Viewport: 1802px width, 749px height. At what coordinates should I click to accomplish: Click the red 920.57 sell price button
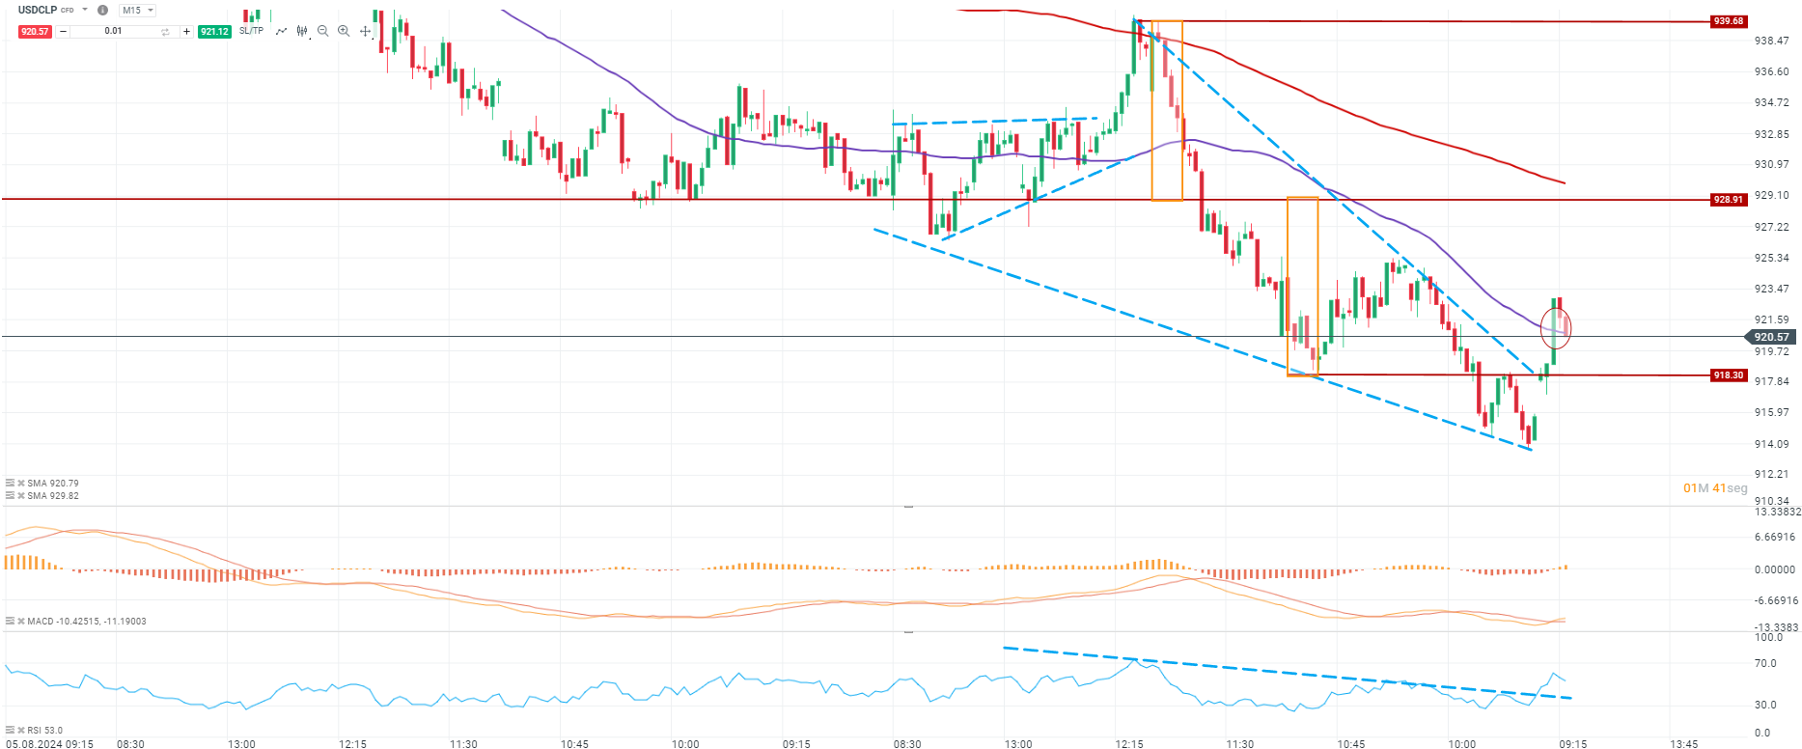(x=35, y=32)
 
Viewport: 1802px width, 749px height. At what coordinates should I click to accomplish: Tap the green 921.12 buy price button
(x=214, y=32)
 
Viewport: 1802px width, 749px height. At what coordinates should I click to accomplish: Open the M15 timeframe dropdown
(x=136, y=11)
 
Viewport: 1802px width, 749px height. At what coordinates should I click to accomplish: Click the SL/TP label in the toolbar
(x=251, y=31)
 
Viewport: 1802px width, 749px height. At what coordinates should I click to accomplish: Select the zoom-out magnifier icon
(x=323, y=31)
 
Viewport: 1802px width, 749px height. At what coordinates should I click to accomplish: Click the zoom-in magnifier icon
(x=344, y=31)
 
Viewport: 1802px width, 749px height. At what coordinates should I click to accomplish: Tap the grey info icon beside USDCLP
(x=102, y=11)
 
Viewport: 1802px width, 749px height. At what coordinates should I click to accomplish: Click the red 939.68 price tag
(x=1728, y=21)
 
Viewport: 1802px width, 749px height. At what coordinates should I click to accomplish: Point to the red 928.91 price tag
(x=1728, y=200)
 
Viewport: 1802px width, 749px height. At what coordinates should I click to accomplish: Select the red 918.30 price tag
(x=1728, y=375)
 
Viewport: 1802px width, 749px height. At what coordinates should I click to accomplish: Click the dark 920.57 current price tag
(x=1771, y=337)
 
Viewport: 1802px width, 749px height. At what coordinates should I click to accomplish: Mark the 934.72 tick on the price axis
(x=1771, y=102)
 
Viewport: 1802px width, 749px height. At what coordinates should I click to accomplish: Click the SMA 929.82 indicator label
(x=53, y=496)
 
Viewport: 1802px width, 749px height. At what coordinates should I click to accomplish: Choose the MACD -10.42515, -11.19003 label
(x=87, y=622)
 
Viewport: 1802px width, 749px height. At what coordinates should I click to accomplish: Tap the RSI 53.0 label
(x=44, y=731)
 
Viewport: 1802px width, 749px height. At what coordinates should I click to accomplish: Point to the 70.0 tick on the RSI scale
(x=1765, y=663)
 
